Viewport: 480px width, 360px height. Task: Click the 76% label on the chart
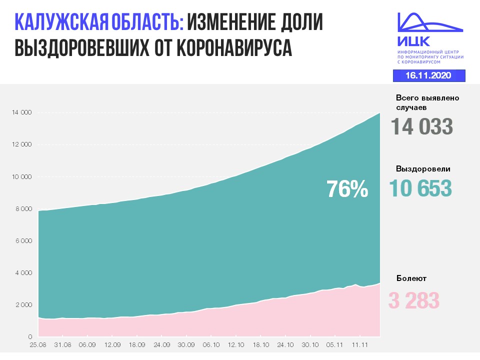pos(347,189)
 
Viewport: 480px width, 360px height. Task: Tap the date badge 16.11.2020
pos(428,75)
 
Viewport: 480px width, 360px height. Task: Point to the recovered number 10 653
pos(420,188)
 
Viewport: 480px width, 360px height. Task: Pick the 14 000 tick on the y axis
pos(21,113)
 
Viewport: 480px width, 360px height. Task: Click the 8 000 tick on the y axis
pos(23,209)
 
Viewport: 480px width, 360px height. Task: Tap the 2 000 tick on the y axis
pos(23,305)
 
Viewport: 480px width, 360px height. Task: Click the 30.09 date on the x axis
pos(186,344)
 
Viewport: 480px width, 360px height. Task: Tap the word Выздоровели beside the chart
pos(423,169)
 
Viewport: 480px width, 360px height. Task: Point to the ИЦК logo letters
pos(413,41)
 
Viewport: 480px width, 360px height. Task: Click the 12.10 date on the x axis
pos(235,344)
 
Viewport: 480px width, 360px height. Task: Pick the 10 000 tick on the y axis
pos(21,177)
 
